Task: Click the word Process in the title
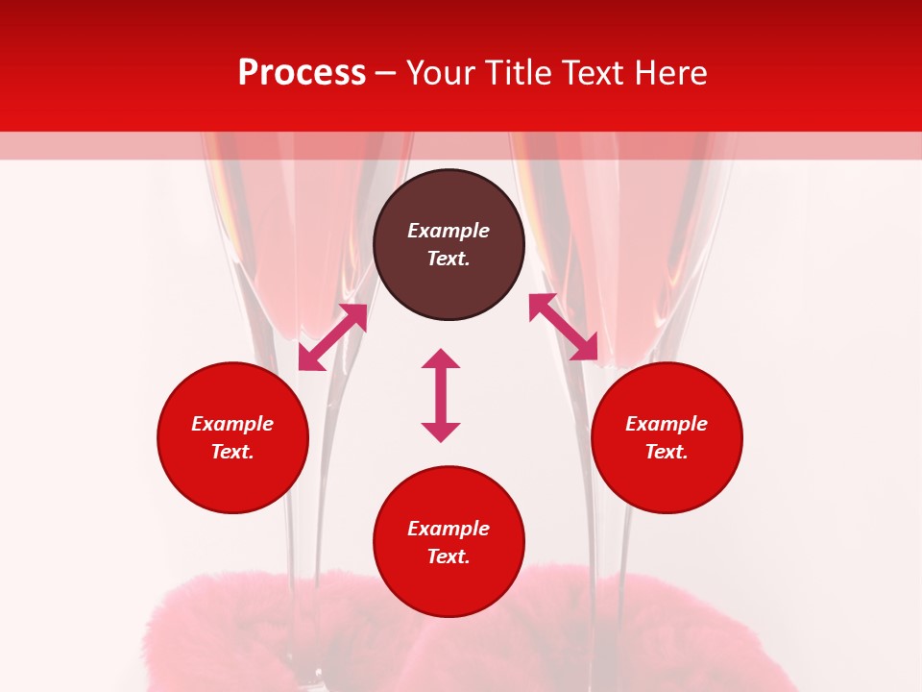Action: (302, 73)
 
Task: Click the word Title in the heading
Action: (517, 73)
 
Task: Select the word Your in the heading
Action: (441, 73)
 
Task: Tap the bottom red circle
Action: (449, 586)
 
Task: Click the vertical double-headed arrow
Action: (441, 395)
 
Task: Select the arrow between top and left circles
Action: (332, 337)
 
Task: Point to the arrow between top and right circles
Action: (564, 327)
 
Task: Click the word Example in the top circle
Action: (449, 231)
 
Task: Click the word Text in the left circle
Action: (232, 452)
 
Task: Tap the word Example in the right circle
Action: (667, 424)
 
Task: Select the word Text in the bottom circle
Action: (449, 556)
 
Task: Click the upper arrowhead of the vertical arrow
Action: (441, 358)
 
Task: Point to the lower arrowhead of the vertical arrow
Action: (441, 432)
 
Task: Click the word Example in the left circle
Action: (232, 424)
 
